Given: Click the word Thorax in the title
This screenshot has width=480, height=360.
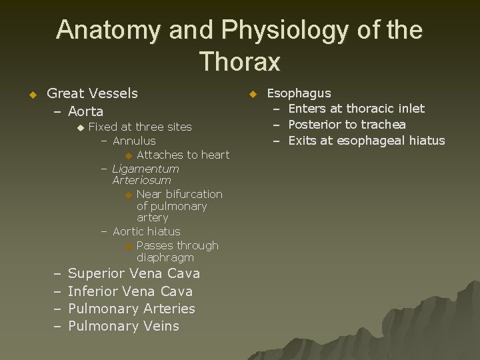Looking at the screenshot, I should click(x=239, y=61).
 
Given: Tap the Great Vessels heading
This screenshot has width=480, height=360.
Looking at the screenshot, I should click(x=93, y=93).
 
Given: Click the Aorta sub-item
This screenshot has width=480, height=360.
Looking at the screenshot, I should click(x=85, y=111).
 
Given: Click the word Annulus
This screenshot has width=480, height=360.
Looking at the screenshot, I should click(x=134, y=141).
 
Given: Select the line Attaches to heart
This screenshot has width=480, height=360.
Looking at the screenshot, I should click(x=183, y=155).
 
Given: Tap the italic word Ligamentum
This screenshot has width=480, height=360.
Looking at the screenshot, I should click(x=146, y=169).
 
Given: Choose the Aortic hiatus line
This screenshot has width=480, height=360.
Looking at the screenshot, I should click(x=147, y=231).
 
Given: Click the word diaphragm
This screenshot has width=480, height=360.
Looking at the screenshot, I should click(x=165, y=257).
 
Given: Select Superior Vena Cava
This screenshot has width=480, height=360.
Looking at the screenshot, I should click(x=134, y=274).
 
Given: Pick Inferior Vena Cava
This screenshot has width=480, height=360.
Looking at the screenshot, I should click(x=130, y=291).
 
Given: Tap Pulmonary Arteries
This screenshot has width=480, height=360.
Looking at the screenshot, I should click(x=131, y=309).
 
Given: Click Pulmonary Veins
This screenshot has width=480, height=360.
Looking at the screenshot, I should click(x=123, y=326).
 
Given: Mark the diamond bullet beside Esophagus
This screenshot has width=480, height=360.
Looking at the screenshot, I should click(x=253, y=95).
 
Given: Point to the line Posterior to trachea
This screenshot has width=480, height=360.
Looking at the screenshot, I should click(x=347, y=125).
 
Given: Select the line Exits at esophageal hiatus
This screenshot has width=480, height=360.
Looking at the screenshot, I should click(x=366, y=140).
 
